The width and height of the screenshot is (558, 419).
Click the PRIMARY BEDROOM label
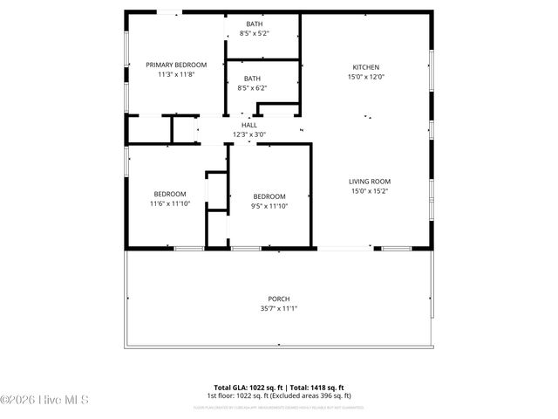(176, 65)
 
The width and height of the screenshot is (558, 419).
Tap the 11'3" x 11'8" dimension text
(176, 75)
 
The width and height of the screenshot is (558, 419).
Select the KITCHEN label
(366, 67)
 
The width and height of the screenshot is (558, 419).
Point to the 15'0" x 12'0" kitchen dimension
(367, 77)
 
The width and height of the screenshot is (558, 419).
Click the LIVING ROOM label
(370, 182)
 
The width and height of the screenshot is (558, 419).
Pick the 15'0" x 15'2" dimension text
(370, 191)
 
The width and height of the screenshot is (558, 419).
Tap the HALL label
(248, 126)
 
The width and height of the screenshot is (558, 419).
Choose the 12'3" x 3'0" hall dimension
(248, 134)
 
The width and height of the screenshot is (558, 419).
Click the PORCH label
(279, 299)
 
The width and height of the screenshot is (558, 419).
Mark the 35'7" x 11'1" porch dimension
(279, 308)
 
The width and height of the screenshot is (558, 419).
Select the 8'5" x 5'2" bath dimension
(254, 33)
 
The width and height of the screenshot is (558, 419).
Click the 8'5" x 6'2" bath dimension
(252, 88)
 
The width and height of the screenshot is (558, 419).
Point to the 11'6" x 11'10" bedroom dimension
(170, 203)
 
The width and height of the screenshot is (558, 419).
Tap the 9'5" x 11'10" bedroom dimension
(269, 206)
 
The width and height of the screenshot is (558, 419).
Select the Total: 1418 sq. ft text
(316, 387)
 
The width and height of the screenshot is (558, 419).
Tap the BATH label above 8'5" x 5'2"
(254, 24)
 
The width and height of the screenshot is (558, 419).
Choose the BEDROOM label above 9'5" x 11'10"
(269, 196)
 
